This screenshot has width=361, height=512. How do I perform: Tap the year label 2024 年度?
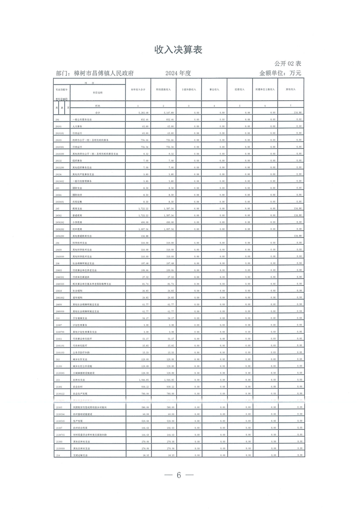[x=178, y=73]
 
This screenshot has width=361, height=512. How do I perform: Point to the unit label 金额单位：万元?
[x=280, y=73]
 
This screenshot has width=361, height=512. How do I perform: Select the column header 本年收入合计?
[x=138, y=90]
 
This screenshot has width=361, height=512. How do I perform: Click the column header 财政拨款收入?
[x=163, y=90]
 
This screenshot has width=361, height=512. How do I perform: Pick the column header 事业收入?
[x=214, y=90]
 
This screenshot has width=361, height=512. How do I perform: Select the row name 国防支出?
[x=79, y=187]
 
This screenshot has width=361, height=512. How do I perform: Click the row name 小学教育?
[x=79, y=222]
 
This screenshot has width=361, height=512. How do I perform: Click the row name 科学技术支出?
[x=82, y=243]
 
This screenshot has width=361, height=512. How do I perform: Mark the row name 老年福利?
[x=79, y=298]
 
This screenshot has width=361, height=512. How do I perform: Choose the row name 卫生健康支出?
[x=82, y=318]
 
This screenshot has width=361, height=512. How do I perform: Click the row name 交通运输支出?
[x=82, y=455]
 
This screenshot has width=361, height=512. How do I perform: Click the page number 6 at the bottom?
[x=179, y=476]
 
